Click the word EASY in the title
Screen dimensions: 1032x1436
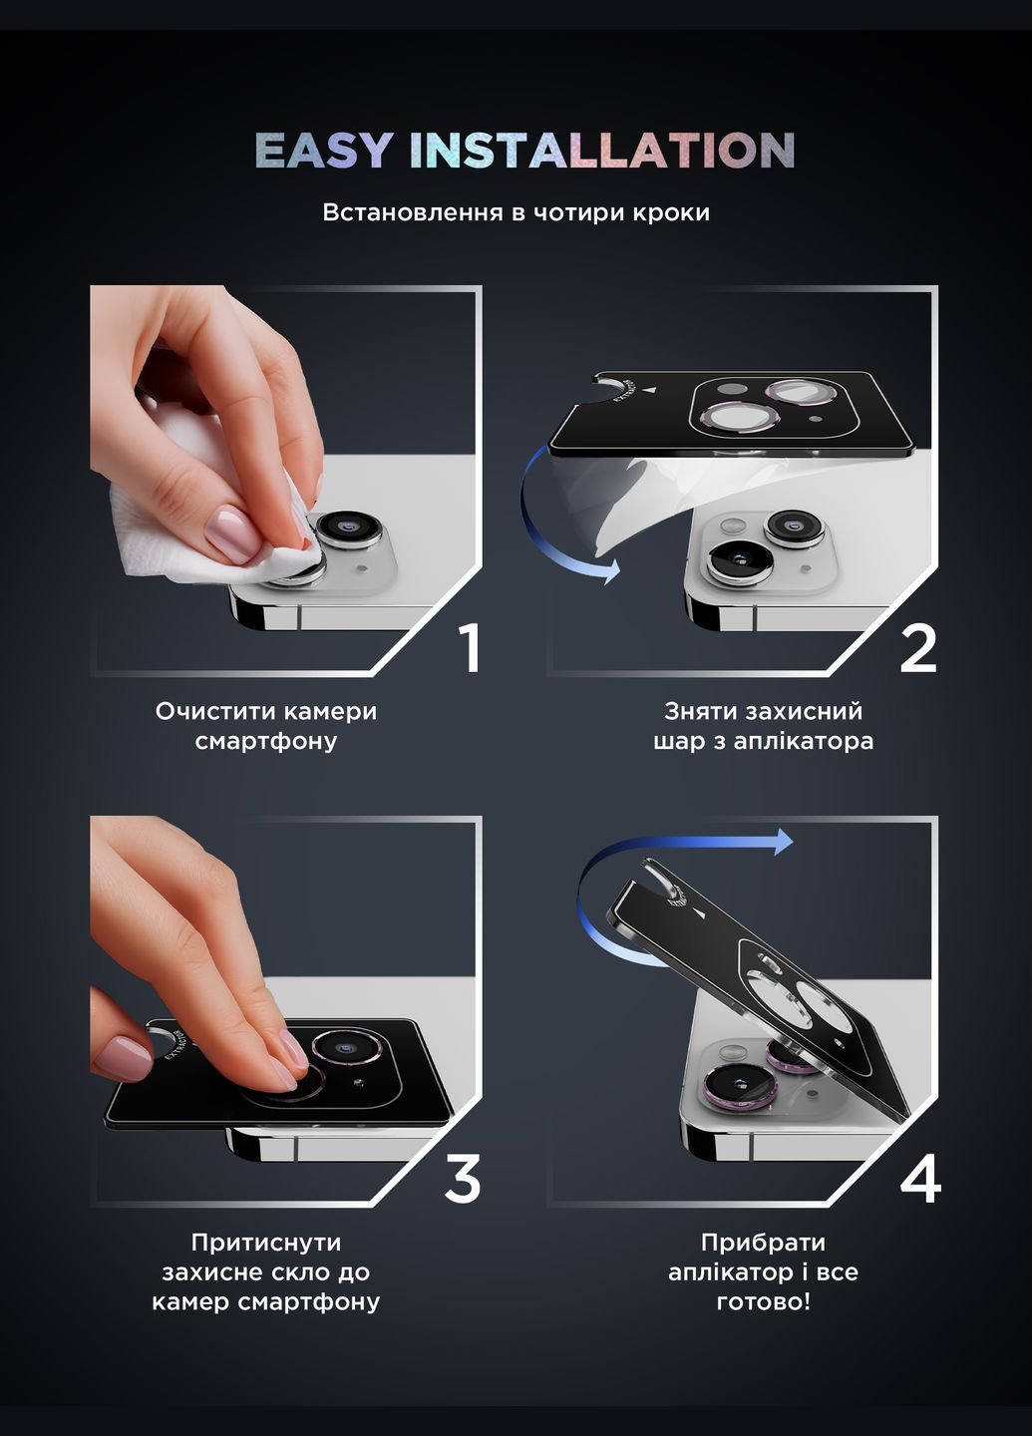point(324,150)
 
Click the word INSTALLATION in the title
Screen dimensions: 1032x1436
point(602,150)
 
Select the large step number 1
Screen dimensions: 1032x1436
point(471,649)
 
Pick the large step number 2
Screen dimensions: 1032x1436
point(918,649)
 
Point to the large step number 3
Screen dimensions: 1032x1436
point(463,1179)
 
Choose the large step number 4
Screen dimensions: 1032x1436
point(920,1179)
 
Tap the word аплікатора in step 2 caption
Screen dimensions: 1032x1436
point(804,742)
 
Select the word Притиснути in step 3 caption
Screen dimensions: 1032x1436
point(266,1243)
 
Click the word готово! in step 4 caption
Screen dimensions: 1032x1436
point(764,1301)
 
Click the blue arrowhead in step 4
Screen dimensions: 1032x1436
point(784,842)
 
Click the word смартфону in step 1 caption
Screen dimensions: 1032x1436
point(266,742)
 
